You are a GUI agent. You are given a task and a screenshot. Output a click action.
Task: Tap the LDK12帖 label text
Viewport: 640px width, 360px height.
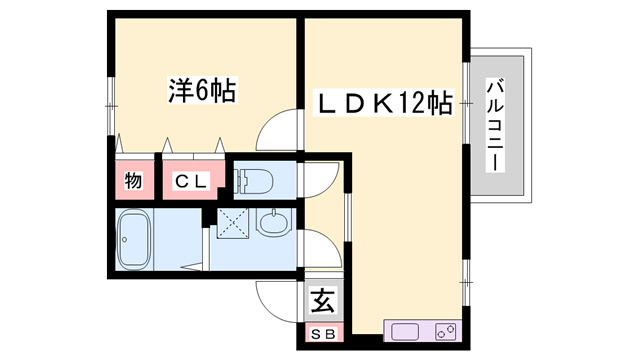[x=384, y=103]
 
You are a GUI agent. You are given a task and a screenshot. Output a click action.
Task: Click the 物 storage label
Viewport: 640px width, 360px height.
[x=132, y=182]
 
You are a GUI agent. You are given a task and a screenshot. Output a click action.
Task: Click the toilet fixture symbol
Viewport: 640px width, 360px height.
[x=254, y=181]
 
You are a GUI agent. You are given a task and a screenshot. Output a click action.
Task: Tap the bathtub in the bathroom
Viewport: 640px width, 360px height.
[x=133, y=240]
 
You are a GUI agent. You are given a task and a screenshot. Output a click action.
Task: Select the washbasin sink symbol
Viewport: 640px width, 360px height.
[x=271, y=222]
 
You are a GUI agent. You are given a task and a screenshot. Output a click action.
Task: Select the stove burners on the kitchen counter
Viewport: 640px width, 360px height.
[x=445, y=331]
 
